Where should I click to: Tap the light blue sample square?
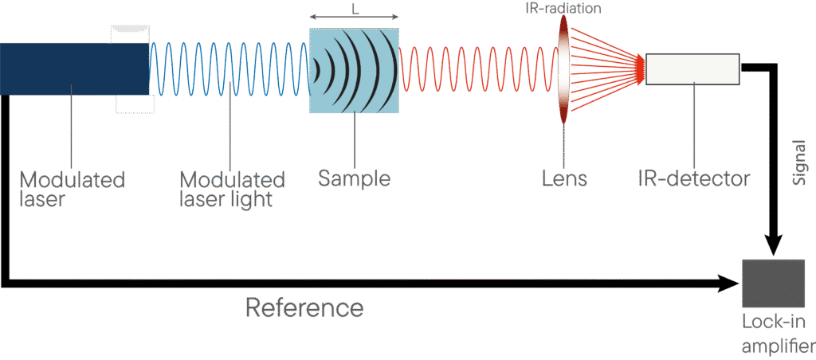click(354, 70)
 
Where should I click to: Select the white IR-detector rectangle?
click(692, 68)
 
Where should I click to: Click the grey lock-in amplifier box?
click(773, 283)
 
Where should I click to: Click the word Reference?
click(304, 307)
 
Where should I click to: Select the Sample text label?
click(354, 178)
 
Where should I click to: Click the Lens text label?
click(563, 178)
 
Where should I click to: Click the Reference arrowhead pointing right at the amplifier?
click(731, 283)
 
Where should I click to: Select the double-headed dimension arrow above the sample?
click(354, 16)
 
